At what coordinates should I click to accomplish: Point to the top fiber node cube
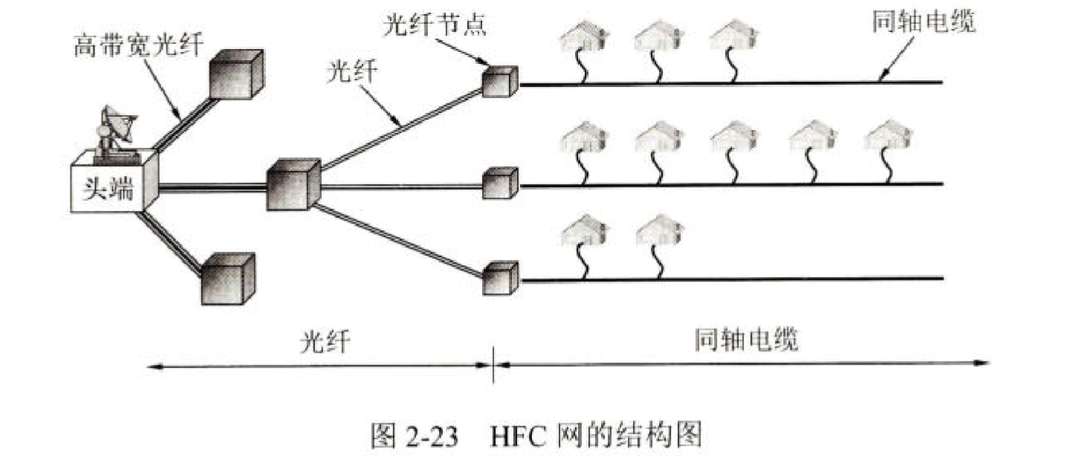tap(499, 82)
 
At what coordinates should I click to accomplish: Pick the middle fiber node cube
tap(499, 183)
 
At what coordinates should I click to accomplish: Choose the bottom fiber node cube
tap(499, 278)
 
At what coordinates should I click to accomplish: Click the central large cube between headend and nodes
tap(292, 186)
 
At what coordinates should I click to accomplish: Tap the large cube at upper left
tap(236, 75)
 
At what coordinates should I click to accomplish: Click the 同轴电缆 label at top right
tap(923, 23)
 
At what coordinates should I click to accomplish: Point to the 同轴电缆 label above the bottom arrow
tap(746, 341)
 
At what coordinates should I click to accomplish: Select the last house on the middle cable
tap(888, 137)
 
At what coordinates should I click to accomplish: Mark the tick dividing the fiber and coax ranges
tap(494, 365)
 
